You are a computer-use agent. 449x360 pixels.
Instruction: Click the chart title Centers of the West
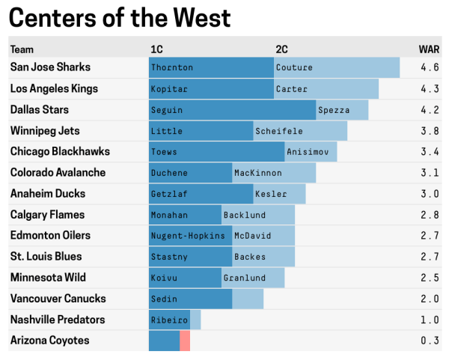point(120,18)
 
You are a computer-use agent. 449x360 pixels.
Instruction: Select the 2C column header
point(281,49)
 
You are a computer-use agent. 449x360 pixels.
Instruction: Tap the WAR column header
point(429,49)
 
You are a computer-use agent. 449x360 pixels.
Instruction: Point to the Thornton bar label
point(172,67)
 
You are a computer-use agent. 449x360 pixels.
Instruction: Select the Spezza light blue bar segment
point(342,109)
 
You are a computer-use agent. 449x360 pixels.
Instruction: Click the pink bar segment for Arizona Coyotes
point(185,341)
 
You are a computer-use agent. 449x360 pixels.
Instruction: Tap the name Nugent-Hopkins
point(188,236)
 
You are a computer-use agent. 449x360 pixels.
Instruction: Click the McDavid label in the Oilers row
point(253,236)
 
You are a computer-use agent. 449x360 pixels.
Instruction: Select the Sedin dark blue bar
point(190,299)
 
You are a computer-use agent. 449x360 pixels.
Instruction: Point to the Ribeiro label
point(168,320)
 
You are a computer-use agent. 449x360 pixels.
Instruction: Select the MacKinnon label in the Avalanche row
point(258,172)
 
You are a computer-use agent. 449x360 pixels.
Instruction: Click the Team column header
point(22,49)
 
